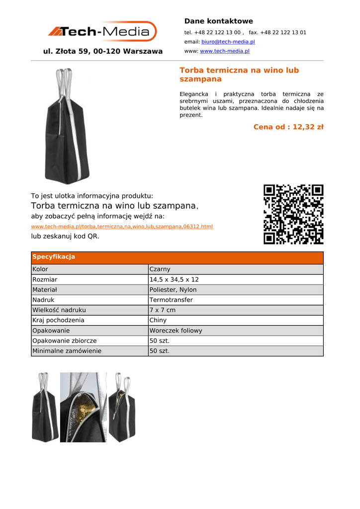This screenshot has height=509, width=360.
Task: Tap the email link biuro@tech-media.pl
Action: point(228,42)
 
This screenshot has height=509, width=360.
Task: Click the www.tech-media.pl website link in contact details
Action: point(224,51)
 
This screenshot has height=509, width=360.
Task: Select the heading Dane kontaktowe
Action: point(218,21)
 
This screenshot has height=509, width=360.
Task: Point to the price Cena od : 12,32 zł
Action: point(288,127)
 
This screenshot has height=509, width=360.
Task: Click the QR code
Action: point(293,214)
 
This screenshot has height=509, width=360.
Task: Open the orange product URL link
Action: point(122,227)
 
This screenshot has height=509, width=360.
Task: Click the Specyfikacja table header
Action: point(54,257)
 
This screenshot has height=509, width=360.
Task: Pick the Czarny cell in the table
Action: point(160,269)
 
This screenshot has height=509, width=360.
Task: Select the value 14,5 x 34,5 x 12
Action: point(174,280)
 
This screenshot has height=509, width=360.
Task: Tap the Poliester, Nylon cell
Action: point(173,290)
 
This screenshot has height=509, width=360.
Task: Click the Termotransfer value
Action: point(171,300)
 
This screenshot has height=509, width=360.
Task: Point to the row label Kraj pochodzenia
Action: point(58,321)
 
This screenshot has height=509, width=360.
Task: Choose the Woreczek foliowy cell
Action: point(176,331)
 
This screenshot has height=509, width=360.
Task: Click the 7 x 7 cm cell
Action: point(163,310)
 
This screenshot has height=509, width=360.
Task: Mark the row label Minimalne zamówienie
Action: point(67,351)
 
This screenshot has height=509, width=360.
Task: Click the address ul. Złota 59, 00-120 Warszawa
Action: point(103,51)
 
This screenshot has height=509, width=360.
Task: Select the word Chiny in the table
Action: point(158,321)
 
